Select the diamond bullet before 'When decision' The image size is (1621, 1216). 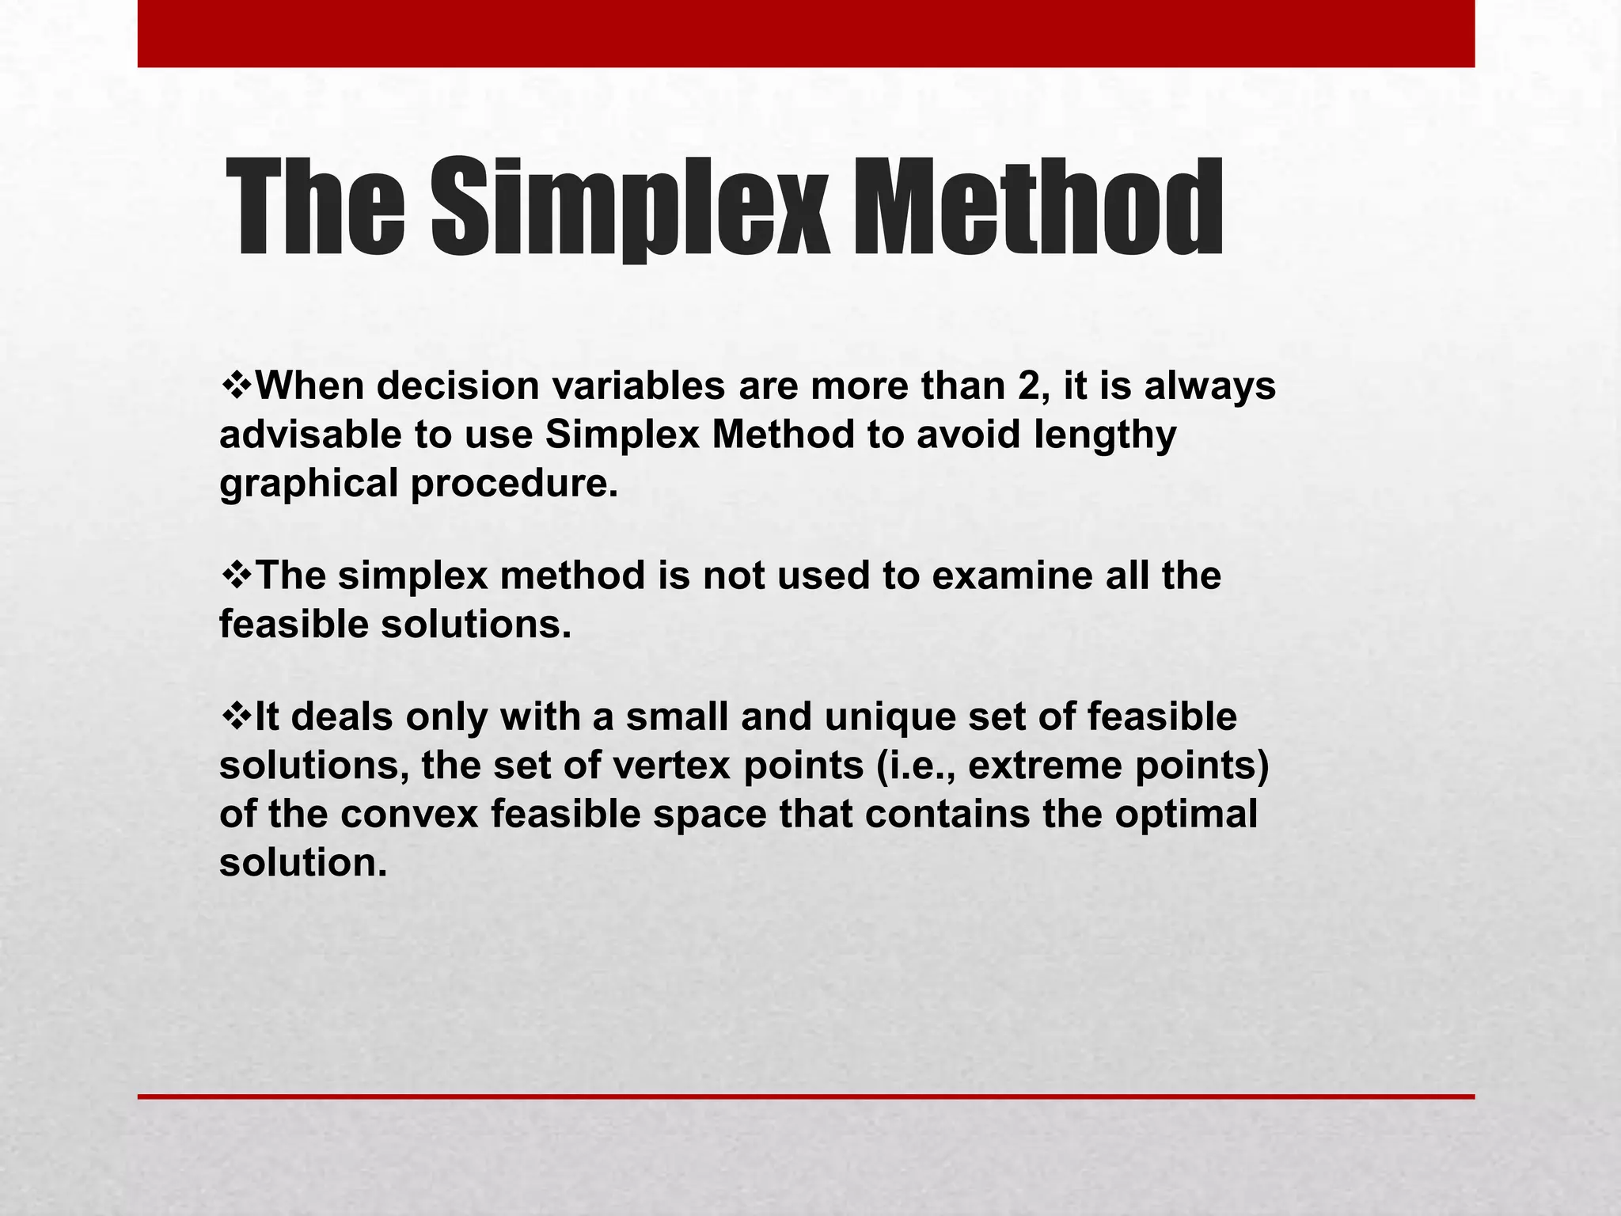click(236, 386)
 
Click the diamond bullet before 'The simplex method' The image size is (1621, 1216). click(236, 576)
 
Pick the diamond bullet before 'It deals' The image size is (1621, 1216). click(236, 717)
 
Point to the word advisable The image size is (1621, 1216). click(310, 435)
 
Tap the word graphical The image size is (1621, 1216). click(309, 484)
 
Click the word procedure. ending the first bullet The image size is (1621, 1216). click(514, 484)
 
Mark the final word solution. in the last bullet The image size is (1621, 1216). click(303, 863)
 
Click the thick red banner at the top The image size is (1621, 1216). click(806, 33)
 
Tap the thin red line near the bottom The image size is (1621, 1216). click(806, 1096)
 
